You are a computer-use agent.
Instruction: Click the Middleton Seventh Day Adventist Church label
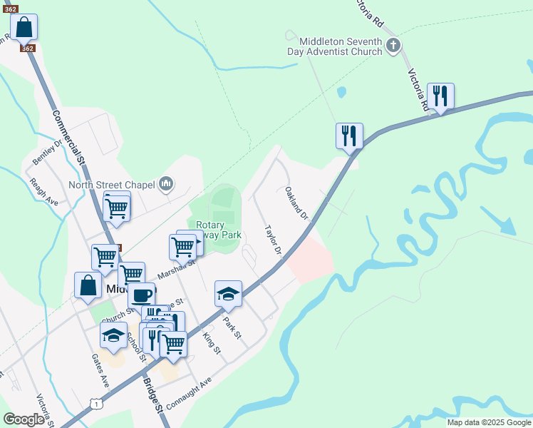click(x=335, y=46)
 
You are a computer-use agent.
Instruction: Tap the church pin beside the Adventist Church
click(x=393, y=47)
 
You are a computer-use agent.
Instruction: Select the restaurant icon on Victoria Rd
click(x=440, y=96)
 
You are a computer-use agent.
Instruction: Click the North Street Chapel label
click(x=111, y=185)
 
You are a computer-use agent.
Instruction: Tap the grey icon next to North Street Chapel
click(x=166, y=185)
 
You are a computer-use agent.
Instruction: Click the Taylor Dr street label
click(x=274, y=241)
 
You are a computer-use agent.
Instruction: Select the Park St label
click(x=232, y=329)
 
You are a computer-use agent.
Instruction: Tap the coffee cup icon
click(x=141, y=295)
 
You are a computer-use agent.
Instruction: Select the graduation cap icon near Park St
click(x=228, y=293)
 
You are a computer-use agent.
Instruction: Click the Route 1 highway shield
click(x=95, y=404)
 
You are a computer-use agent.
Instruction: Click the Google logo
click(x=24, y=419)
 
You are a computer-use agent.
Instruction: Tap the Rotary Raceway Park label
click(x=219, y=230)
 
